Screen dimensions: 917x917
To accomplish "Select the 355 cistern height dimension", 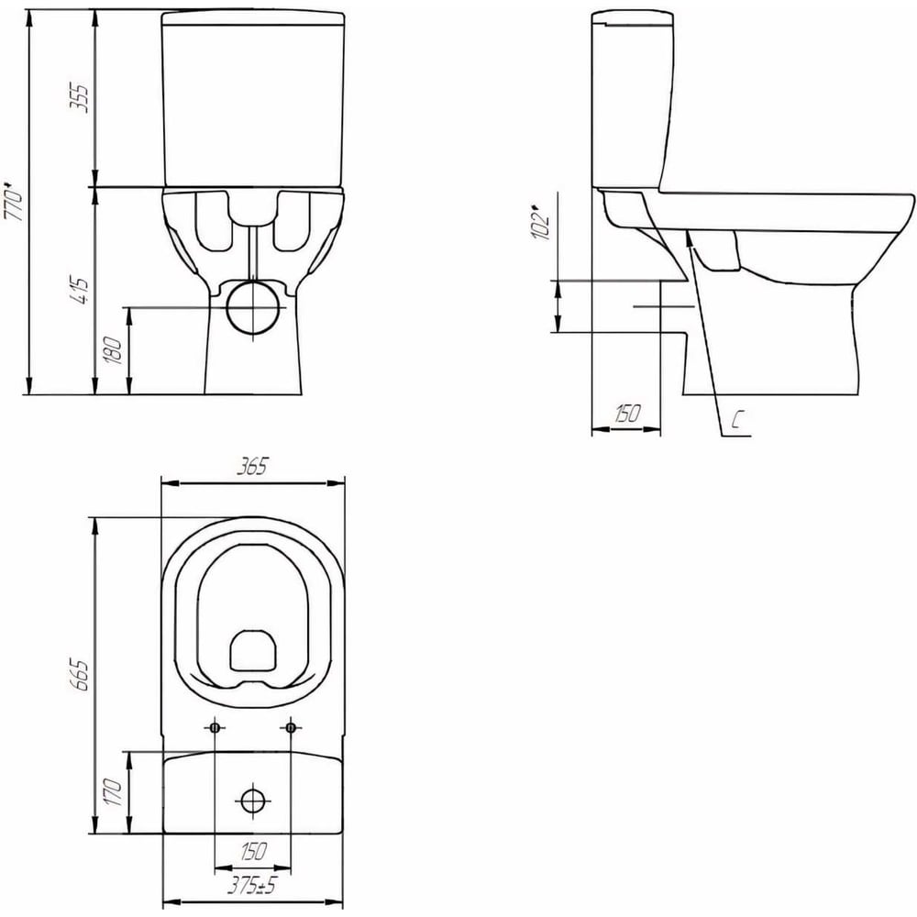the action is (80, 98).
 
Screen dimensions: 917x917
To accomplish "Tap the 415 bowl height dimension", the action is (81, 291).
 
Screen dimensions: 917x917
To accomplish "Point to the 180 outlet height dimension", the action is (113, 350).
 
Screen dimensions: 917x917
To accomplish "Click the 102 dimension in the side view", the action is (540, 222).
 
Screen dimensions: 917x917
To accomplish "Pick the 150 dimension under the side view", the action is (627, 414).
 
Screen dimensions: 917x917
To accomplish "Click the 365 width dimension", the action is (252, 467).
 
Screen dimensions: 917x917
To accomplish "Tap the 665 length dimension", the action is (80, 675).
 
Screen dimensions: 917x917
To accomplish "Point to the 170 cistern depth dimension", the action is (113, 792).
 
